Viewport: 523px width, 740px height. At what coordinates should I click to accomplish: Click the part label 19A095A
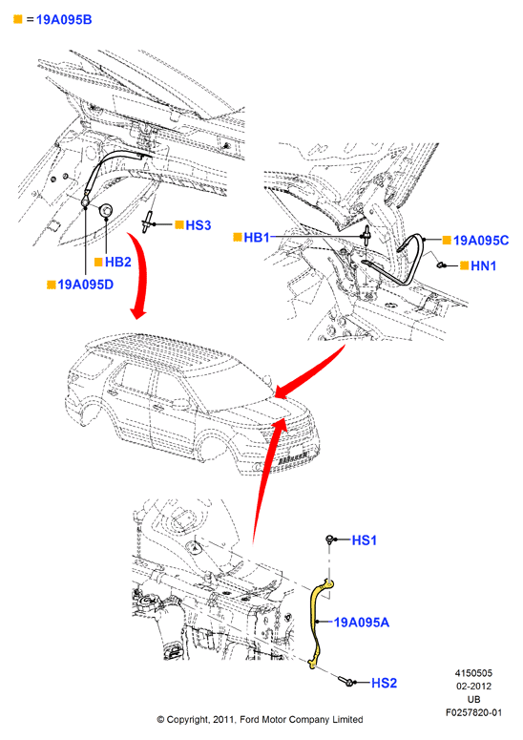click(362, 623)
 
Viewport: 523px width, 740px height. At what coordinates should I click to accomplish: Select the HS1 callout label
click(365, 540)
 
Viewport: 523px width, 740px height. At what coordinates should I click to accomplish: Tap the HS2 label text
click(385, 683)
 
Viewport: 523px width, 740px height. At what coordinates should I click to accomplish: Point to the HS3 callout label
click(199, 225)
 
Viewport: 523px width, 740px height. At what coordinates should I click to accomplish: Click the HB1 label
click(257, 238)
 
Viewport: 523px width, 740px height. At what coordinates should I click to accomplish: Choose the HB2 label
click(118, 262)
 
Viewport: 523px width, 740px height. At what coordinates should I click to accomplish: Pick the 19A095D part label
click(85, 285)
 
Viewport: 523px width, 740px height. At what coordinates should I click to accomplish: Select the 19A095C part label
click(481, 241)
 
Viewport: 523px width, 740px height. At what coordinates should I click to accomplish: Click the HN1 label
click(484, 266)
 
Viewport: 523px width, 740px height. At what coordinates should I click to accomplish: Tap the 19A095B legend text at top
click(64, 20)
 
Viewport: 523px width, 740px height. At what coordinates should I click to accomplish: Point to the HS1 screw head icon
click(330, 539)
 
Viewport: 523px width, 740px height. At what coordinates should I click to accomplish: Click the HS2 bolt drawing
click(346, 681)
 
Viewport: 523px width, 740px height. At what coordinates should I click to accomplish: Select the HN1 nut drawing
click(442, 265)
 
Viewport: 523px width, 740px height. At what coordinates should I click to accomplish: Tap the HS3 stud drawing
click(147, 222)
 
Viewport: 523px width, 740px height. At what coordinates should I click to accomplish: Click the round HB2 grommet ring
click(106, 210)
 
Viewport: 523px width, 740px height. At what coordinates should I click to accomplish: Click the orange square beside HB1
click(238, 237)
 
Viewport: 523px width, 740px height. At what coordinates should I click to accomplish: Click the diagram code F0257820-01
click(474, 712)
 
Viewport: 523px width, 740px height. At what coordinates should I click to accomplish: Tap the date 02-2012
click(473, 687)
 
